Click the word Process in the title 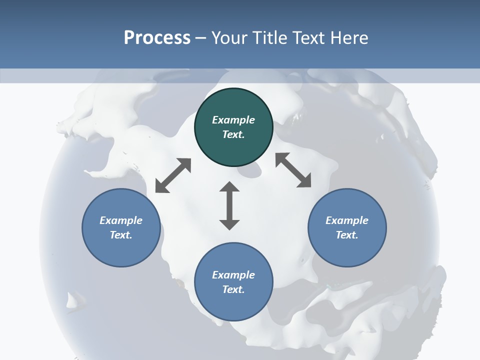[x=157, y=38]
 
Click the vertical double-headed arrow [x=229, y=206]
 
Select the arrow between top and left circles [x=173, y=175]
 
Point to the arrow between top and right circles [x=293, y=170]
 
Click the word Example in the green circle [x=233, y=120]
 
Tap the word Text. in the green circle [x=233, y=134]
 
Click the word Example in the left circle [x=121, y=220]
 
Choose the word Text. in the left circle [x=121, y=235]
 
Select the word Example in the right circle [x=347, y=220]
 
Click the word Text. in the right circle [x=347, y=235]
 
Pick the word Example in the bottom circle [x=233, y=275]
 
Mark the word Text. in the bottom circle [x=233, y=289]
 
